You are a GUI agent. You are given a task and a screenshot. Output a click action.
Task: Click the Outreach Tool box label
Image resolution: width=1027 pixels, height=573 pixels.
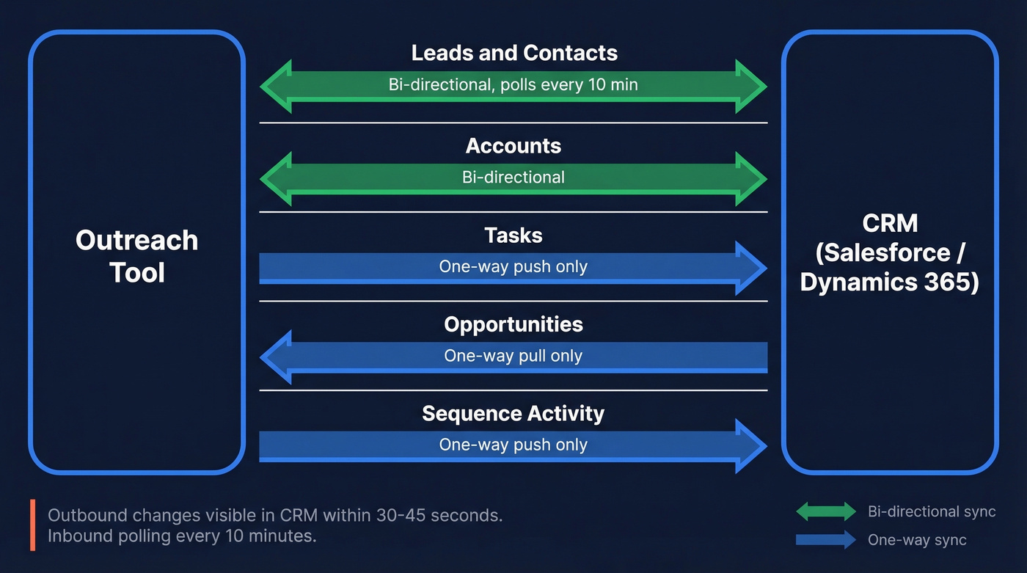(136, 256)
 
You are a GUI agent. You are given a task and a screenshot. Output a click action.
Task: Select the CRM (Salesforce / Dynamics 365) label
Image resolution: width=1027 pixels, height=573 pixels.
(889, 252)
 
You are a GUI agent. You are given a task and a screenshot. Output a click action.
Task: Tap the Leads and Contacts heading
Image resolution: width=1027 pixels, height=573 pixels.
(513, 53)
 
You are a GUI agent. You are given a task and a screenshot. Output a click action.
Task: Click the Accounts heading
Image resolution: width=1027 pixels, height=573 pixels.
(513, 145)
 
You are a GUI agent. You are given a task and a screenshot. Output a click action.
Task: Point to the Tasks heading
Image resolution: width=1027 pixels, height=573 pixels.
(513, 235)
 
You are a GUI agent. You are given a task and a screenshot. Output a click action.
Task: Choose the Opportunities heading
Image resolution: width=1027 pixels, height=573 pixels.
(513, 324)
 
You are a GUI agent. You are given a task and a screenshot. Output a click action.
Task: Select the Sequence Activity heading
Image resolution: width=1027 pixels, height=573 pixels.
(513, 413)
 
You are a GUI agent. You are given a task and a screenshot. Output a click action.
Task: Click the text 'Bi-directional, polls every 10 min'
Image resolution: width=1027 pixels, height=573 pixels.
(513, 85)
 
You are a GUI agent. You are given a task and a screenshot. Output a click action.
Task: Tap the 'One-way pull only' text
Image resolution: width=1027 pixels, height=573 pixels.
(513, 356)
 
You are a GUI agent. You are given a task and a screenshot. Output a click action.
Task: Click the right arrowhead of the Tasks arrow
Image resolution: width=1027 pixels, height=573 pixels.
(750, 269)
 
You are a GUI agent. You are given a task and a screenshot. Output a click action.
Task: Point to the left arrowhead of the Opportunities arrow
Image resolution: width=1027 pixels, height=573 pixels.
(277, 357)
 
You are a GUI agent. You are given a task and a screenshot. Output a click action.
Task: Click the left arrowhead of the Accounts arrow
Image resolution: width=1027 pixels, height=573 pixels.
(277, 178)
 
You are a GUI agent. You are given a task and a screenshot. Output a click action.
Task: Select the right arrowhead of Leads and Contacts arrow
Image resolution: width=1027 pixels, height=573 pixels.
(750, 87)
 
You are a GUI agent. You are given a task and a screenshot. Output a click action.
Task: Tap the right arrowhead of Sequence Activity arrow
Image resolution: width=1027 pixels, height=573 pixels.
(750, 446)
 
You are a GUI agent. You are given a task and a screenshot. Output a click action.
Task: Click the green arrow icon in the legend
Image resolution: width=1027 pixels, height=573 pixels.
(825, 511)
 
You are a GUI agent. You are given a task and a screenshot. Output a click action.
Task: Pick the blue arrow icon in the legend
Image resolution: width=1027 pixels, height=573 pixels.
(825, 540)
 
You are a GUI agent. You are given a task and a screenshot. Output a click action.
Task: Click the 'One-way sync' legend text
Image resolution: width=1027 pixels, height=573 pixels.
(917, 540)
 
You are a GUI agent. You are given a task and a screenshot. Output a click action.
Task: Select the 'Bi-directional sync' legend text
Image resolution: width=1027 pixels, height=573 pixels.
(932, 511)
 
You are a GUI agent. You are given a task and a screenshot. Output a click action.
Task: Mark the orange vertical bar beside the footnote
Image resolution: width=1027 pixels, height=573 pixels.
(33, 525)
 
